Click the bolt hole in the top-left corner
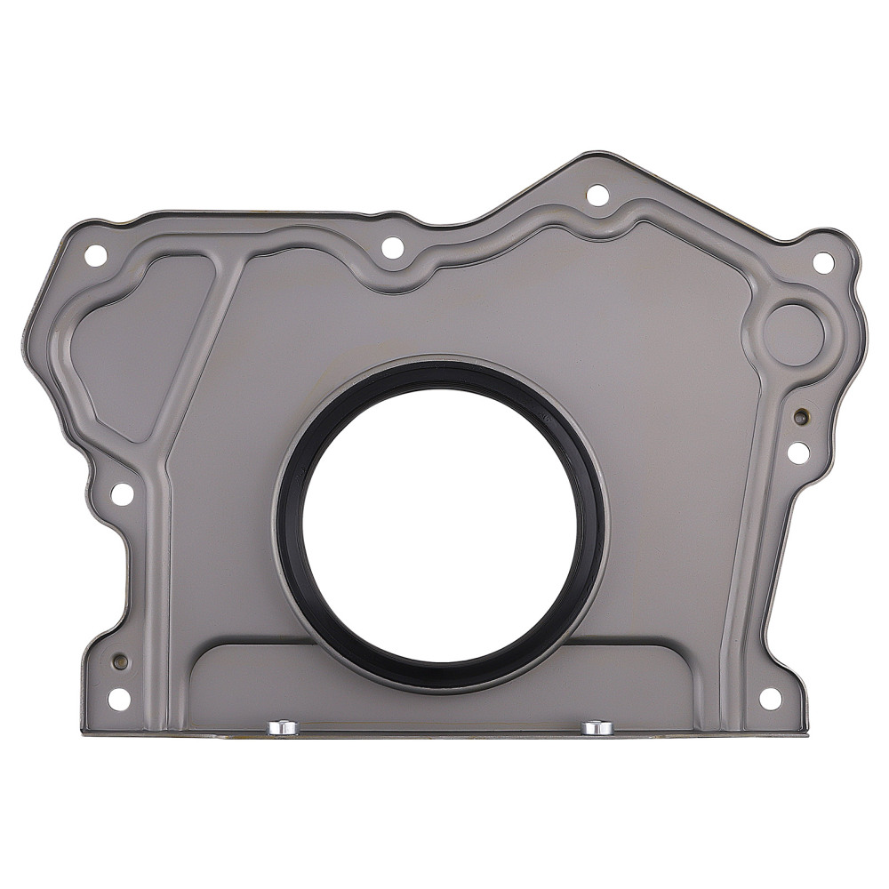[x=95, y=255]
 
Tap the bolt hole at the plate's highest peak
[x=597, y=195]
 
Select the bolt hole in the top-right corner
[x=823, y=262]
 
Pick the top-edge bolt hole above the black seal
[x=392, y=248]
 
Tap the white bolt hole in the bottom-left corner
[x=119, y=699]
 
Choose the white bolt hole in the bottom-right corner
[x=770, y=698]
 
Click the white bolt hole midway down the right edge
[x=798, y=453]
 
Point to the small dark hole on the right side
[x=801, y=416]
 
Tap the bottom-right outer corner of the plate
[x=806, y=733]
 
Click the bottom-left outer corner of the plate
[x=83, y=733]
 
